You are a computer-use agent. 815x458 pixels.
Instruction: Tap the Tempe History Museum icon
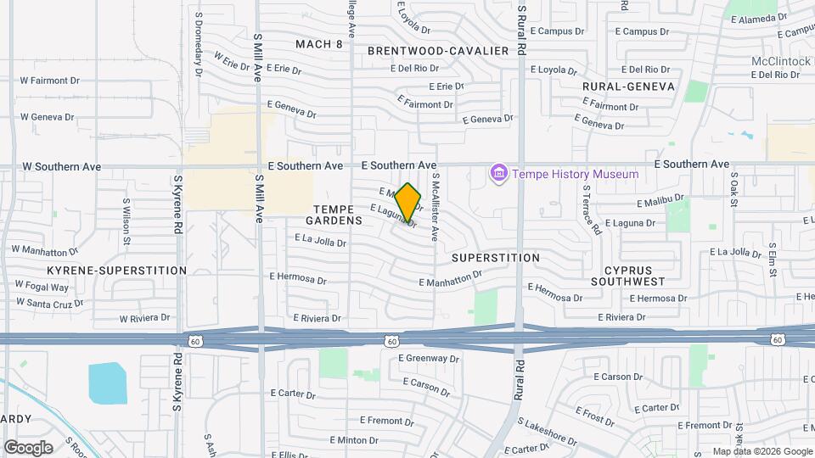(498, 174)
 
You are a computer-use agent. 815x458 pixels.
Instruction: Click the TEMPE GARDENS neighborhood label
(338, 214)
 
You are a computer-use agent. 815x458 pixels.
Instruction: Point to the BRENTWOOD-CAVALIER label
(437, 51)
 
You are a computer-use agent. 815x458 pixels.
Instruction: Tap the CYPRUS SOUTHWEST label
(628, 275)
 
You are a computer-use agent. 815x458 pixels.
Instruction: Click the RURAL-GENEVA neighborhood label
(628, 87)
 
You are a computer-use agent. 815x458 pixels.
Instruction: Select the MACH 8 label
(319, 44)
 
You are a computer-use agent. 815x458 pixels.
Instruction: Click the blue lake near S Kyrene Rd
(105, 383)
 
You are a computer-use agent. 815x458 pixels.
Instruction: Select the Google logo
(27, 448)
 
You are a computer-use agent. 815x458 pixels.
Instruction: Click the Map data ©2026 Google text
(762, 451)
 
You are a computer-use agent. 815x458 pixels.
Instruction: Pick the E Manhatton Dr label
(450, 279)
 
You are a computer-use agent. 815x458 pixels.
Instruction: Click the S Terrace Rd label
(591, 214)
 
